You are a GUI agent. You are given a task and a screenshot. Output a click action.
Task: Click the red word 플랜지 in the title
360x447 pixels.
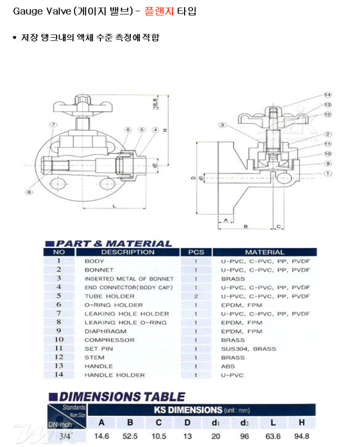[159, 11]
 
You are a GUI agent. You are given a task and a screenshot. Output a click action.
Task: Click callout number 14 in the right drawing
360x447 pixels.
[328, 95]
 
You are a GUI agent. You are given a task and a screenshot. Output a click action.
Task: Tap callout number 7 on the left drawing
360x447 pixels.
[52, 124]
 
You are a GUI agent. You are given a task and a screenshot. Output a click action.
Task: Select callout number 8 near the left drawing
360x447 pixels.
[30, 192]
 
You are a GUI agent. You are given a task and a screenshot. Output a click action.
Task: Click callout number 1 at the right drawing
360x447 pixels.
[328, 174]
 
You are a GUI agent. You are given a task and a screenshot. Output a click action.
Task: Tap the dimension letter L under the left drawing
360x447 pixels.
[114, 206]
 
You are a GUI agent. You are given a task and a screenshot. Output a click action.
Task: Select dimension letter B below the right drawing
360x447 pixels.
[246, 227]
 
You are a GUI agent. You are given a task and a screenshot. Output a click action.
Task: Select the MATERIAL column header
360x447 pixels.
[264, 252]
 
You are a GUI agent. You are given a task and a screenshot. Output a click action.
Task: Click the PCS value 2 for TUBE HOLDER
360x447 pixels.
[196, 296]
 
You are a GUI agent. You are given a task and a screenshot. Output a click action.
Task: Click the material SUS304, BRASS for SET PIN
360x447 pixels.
[248, 349]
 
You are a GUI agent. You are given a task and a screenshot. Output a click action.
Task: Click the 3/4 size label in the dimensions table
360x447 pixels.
[65, 436]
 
